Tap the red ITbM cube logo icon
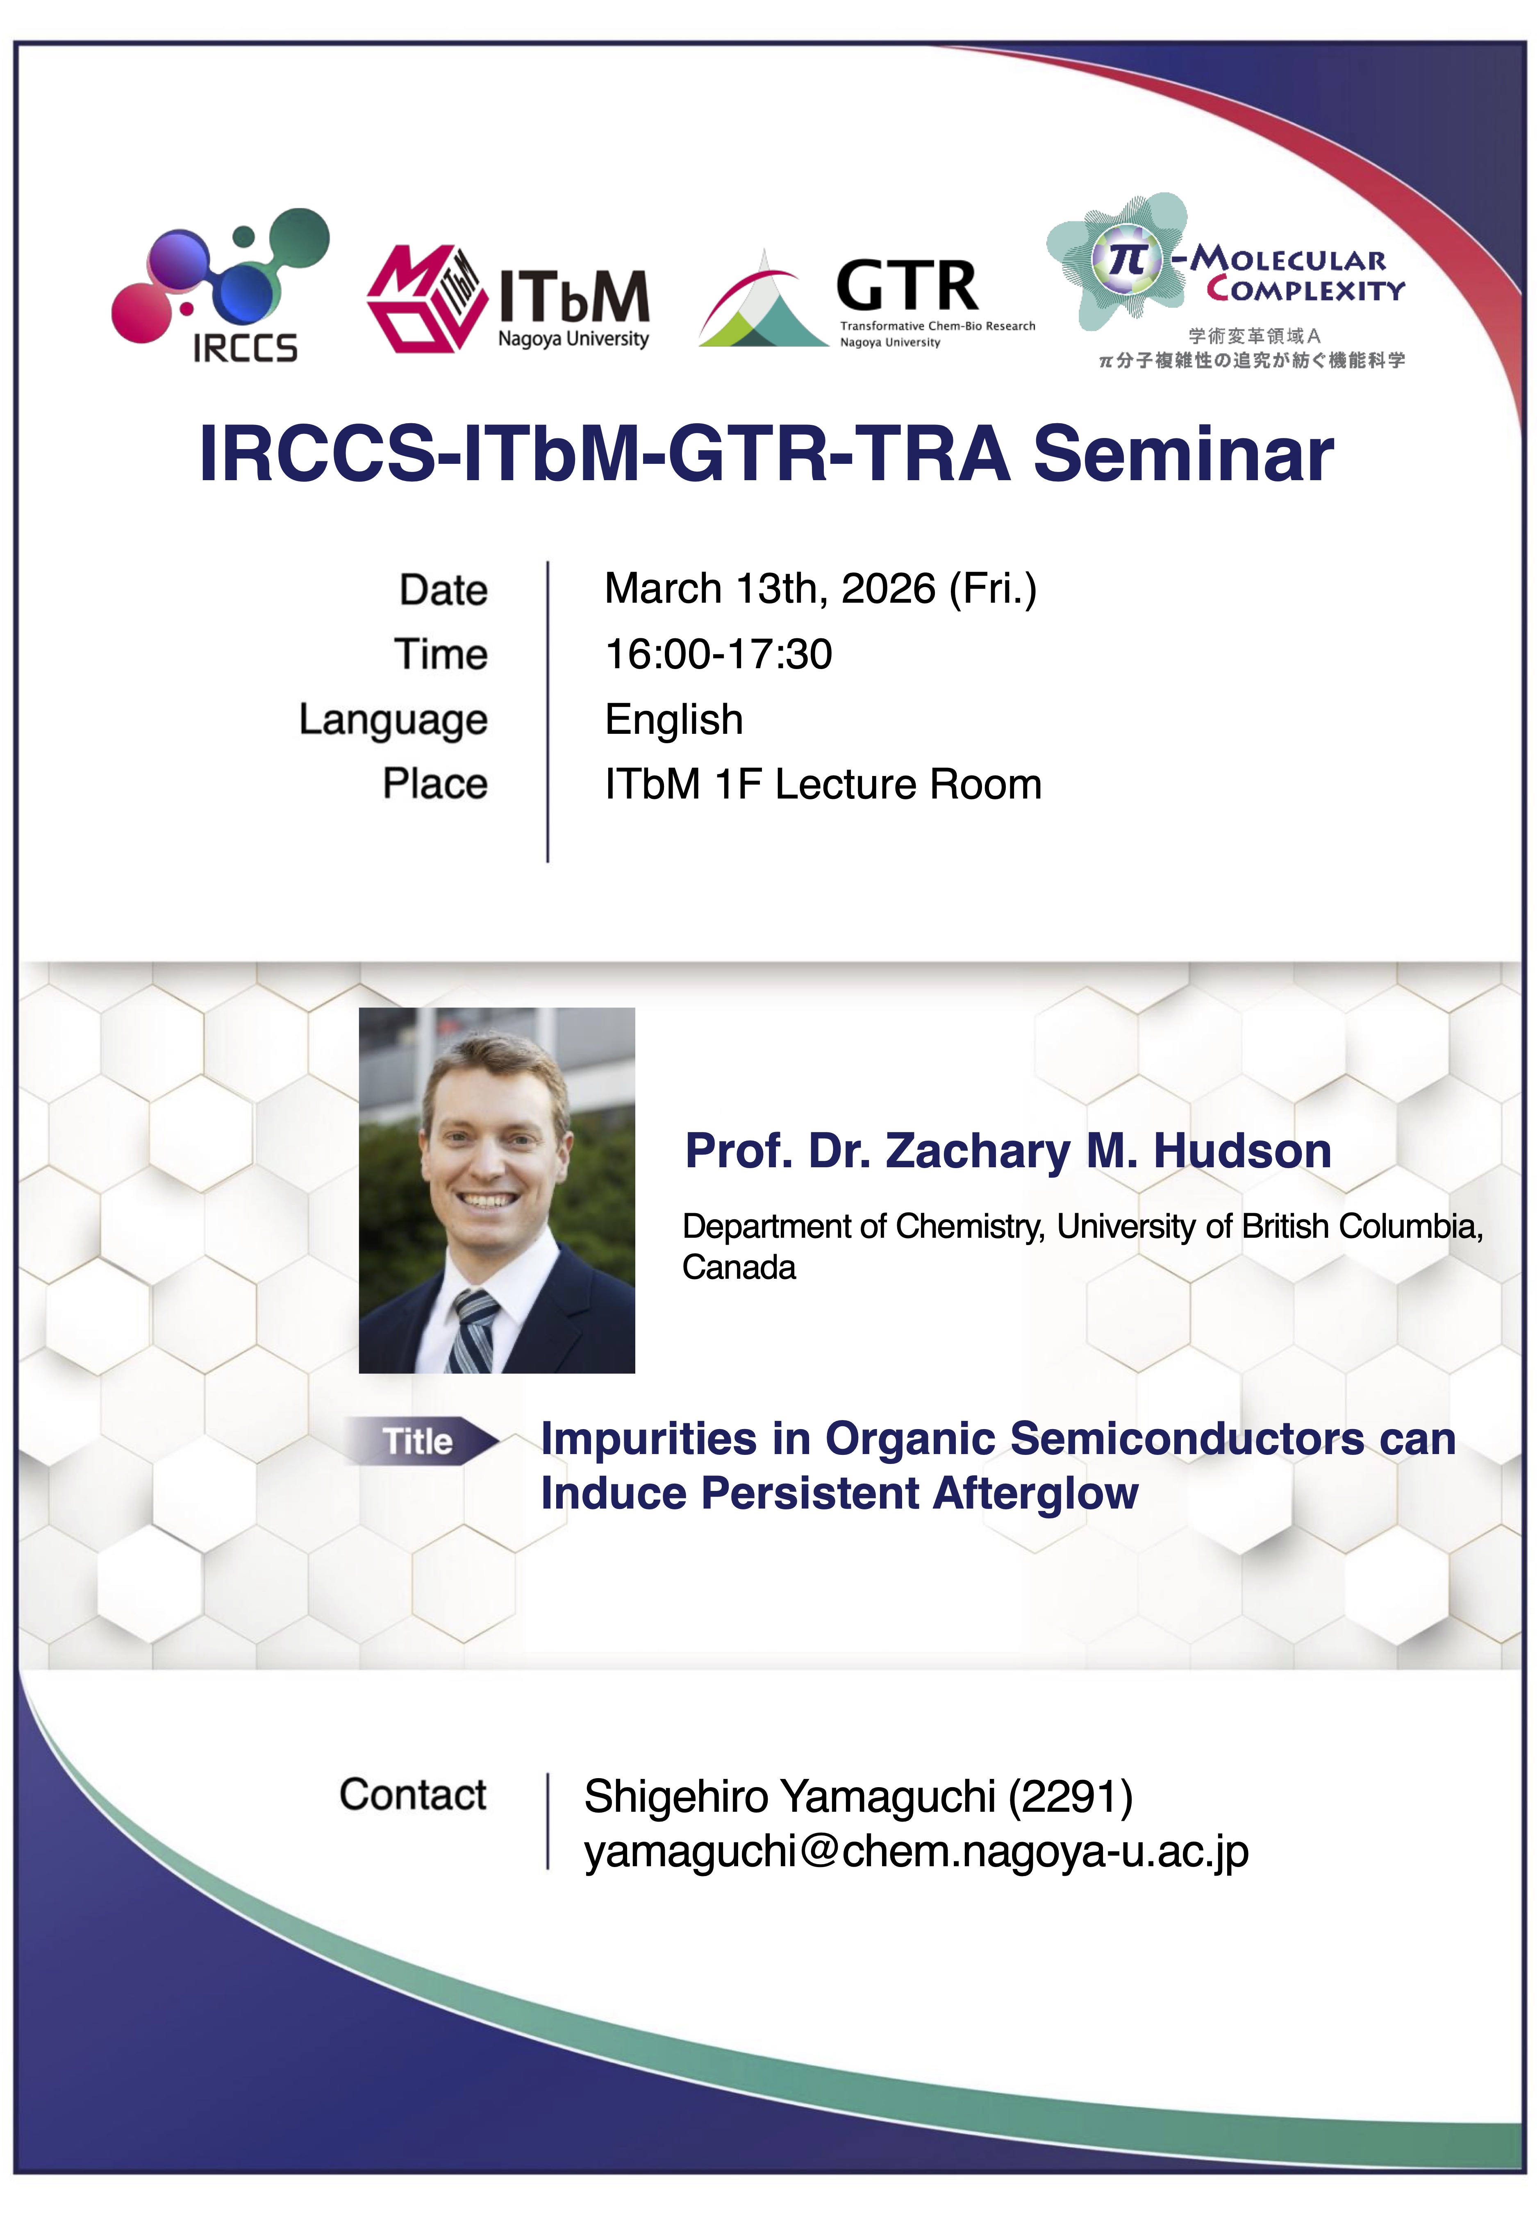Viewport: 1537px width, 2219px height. tap(424, 298)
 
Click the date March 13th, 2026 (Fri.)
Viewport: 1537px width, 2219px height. tap(821, 588)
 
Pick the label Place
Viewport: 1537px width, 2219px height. tap(435, 784)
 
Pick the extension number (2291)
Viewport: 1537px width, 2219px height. tap(1070, 1796)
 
